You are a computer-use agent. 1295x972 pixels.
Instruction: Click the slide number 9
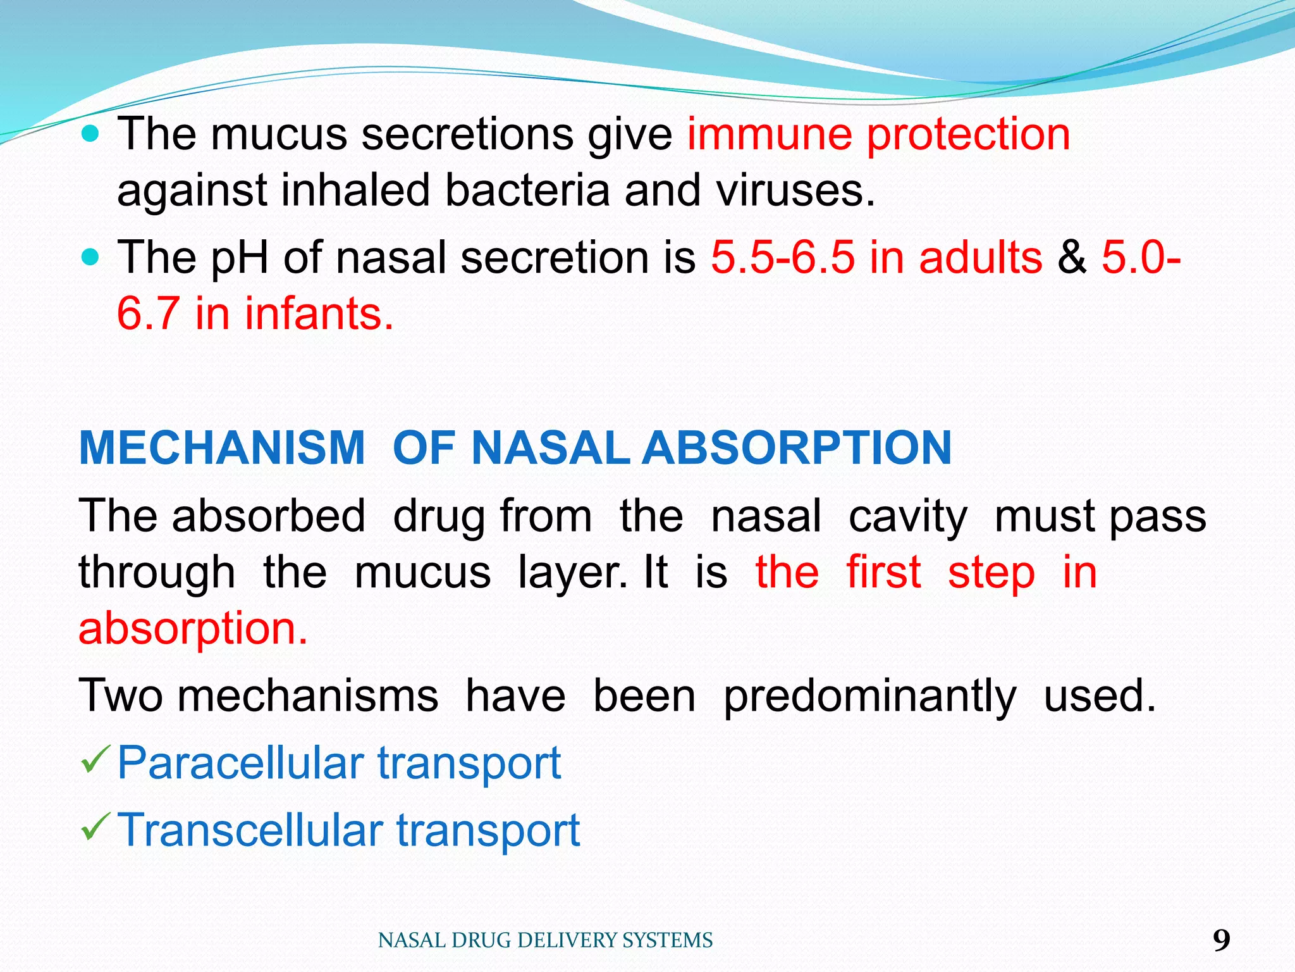coord(1221,940)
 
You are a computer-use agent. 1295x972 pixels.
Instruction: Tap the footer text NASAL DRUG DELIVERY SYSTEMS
coord(545,940)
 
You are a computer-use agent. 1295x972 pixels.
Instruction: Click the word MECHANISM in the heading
coord(222,448)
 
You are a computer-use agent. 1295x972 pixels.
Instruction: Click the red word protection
coord(968,135)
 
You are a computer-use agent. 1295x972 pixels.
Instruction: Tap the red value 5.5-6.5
coord(782,258)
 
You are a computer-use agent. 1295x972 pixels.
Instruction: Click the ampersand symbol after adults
coord(1072,258)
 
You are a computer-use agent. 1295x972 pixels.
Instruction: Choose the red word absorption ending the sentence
coord(193,629)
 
